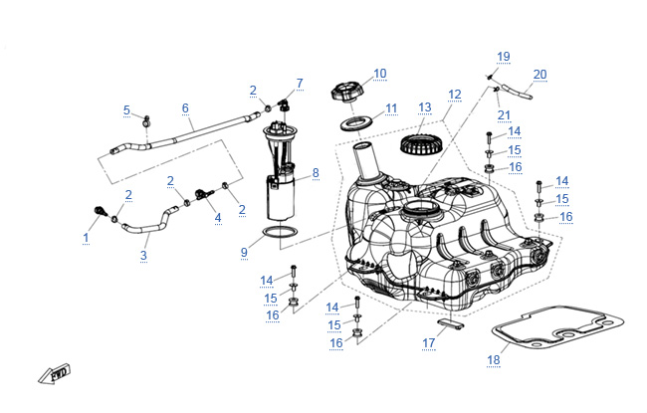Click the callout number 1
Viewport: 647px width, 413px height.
(86, 238)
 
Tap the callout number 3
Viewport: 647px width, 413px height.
(143, 256)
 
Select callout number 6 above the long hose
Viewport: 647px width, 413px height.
(185, 108)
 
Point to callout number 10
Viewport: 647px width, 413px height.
(379, 73)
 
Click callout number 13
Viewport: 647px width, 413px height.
(425, 107)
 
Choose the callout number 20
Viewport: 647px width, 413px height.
(539, 75)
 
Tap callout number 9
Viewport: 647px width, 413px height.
(243, 253)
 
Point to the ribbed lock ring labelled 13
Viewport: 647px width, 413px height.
(420, 145)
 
